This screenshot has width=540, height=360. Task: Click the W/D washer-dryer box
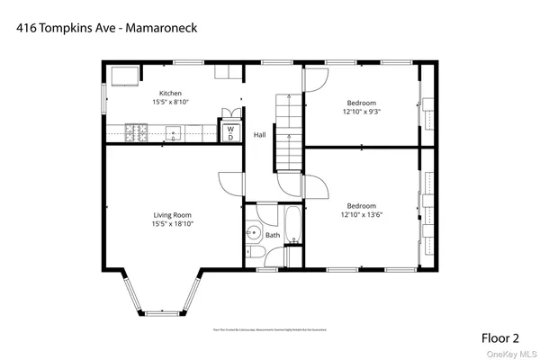(230, 132)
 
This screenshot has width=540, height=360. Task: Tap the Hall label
(259, 135)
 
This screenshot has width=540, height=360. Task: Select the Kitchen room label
(171, 94)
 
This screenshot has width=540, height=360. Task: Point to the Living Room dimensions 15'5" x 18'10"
(173, 223)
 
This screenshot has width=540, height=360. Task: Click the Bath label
(273, 236)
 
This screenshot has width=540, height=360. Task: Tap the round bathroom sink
(255, 236)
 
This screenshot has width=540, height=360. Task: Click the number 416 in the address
(27, 28)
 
